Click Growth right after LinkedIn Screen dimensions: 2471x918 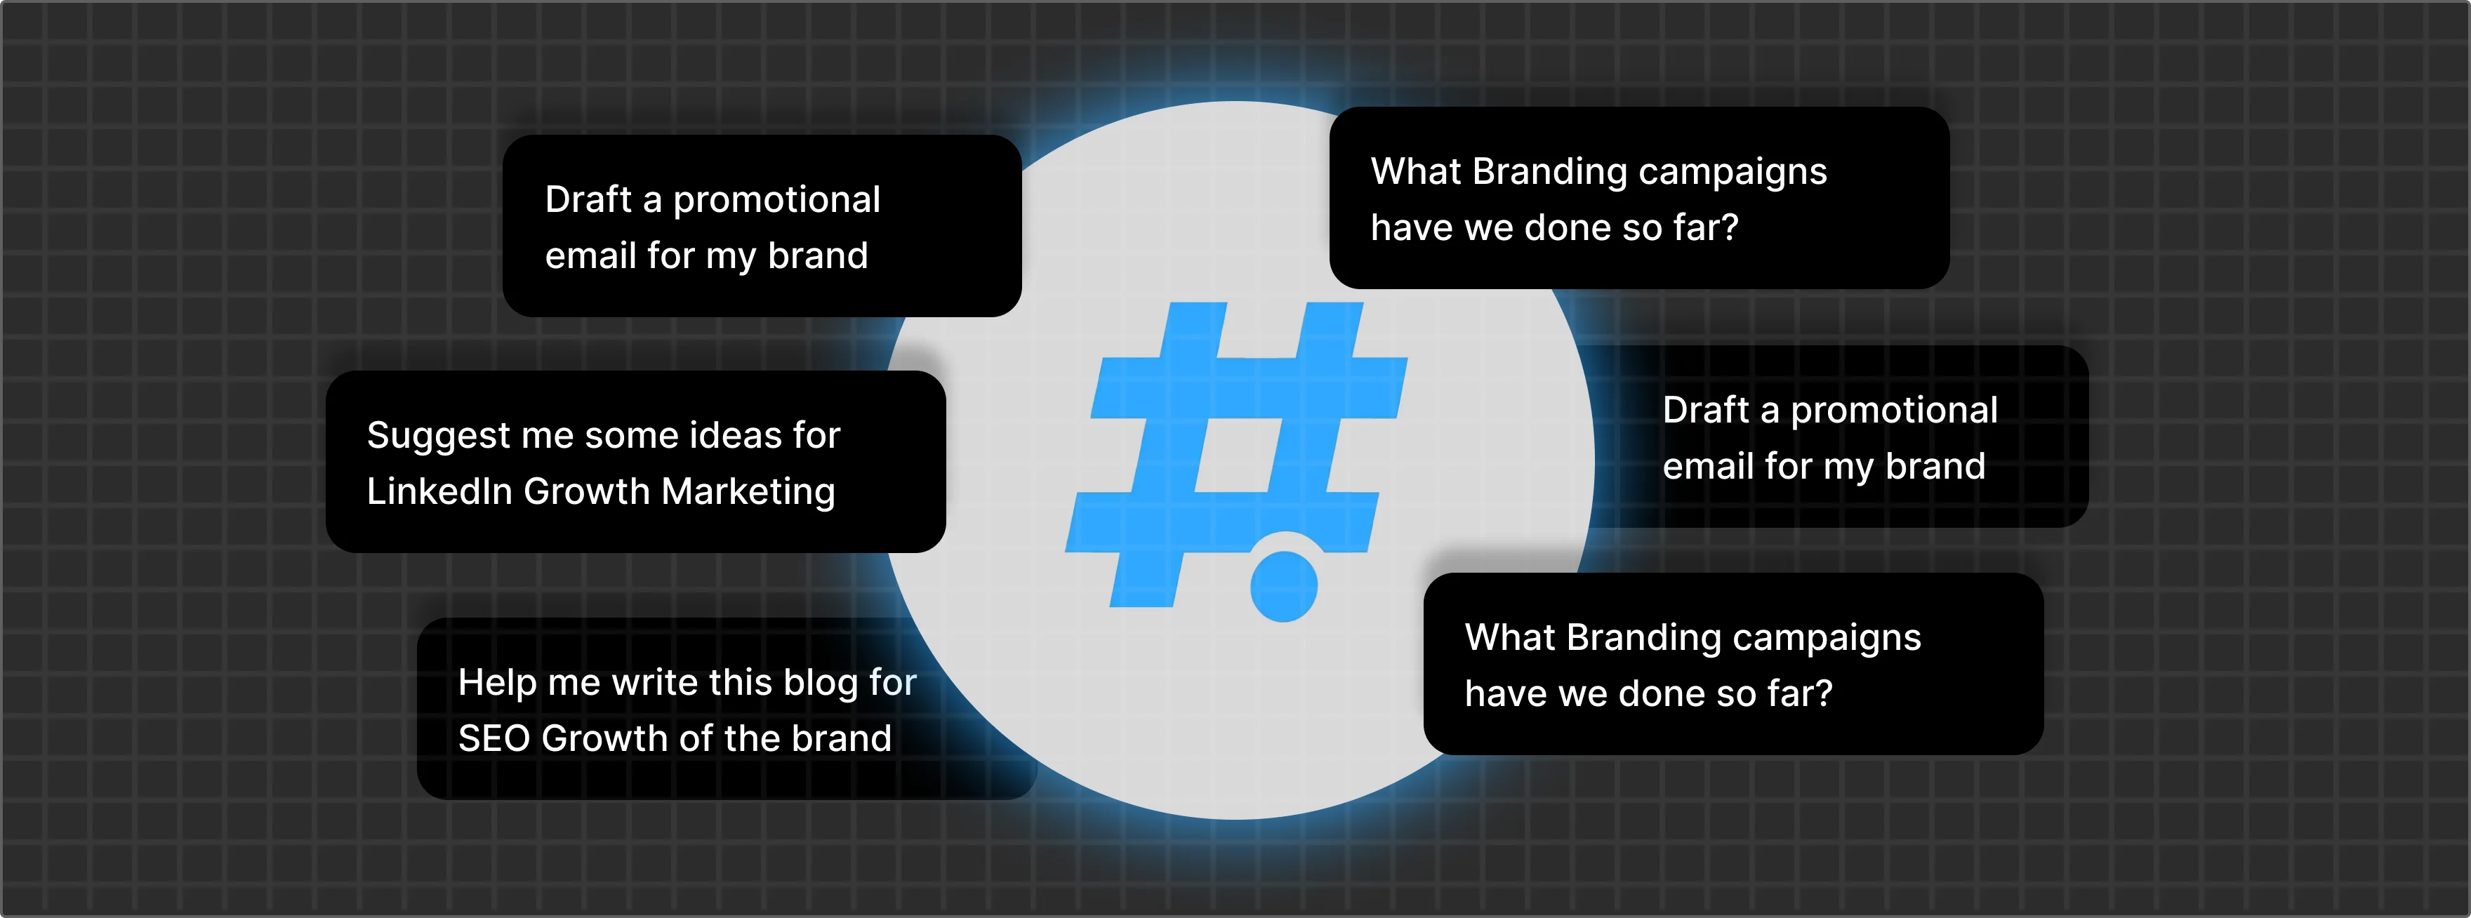(587, 491)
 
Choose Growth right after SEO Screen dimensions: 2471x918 (604, 738)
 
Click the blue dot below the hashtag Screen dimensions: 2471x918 (1283, 586)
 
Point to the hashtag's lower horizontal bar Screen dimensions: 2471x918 (1222, 522)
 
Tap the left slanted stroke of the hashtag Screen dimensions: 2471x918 (1168, 455)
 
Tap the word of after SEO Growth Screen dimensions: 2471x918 (696, 738)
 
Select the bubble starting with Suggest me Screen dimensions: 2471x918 (635, 461)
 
